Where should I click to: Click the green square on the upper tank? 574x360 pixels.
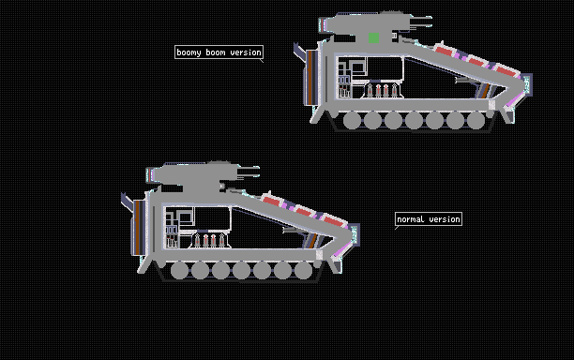tap(374, 37)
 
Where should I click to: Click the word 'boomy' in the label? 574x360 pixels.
tap(189, 52)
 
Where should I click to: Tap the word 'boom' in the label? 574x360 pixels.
tap(216, 52)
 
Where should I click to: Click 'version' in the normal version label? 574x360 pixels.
tap(445, 219)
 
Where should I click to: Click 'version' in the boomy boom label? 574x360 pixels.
tap(246, 52)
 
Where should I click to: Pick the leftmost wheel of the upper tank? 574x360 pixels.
tap(352, 120)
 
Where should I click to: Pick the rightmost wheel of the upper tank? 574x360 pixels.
tap(476, 120)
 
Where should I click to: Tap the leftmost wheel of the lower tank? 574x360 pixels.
tap(179, 270)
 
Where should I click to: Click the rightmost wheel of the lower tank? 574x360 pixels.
tap(304, 270)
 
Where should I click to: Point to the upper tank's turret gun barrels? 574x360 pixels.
tap(420, 22)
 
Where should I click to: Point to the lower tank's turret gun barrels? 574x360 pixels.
tap(249, 172)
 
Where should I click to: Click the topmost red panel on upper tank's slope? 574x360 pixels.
tap(445, 51)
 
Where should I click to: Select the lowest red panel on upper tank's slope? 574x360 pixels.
tap(506, 71)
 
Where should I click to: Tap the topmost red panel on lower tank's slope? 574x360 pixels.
tap(272, 201)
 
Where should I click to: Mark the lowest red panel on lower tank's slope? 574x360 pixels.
tap(334, 220)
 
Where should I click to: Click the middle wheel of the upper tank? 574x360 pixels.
tap(414, 120)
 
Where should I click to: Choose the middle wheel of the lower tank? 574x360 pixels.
tap(242, 270)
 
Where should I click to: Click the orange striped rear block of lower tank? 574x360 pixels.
tap(139, 227)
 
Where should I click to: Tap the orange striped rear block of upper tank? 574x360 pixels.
tap(311, 78)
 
